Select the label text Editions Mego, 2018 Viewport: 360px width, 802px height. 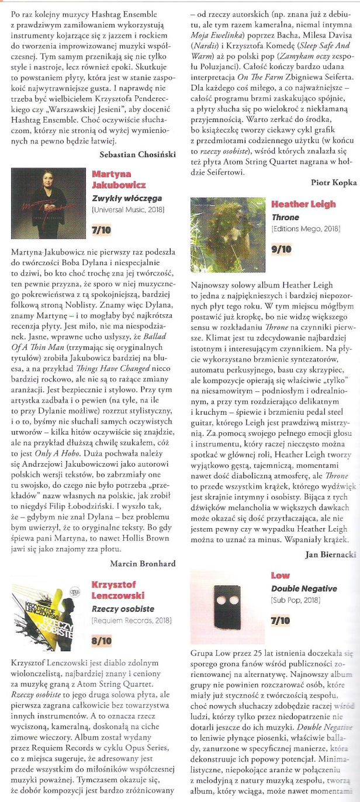click(306, 228)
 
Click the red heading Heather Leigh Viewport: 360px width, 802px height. click(303, 204)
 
